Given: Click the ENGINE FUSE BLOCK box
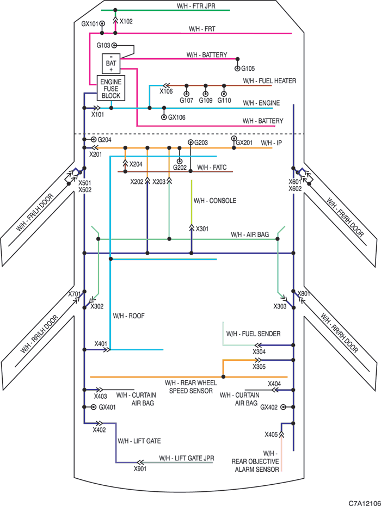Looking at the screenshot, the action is click(x=111, y=89).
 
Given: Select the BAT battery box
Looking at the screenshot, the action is click(x=111, y=63).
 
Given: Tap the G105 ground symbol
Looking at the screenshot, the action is click(x=237, y=69).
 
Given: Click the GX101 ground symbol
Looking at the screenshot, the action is click(x=102, y=23).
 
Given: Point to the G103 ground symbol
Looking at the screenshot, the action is click(x=114, y=46).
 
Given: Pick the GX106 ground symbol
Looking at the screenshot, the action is click(x=164, y=117).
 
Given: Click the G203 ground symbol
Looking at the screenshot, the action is click(x=190, y=143).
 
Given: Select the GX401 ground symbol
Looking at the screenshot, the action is click(x=93, y=407).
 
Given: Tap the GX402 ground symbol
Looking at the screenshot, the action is click(x=283, y=407).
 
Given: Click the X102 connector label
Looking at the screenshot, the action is click(x=126, y=21).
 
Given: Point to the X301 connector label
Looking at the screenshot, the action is click(x=202, y=229).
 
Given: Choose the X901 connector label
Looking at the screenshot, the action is click(x=140, y=468).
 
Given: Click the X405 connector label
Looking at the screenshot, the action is click(x=271, y=434).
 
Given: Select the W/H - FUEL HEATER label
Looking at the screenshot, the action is click(x=269, y=81).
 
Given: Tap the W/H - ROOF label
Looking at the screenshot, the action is click(x=129, y=316).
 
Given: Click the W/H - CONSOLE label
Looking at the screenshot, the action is click(x=214, y=201).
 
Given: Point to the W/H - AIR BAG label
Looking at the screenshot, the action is click(x=250, y=235).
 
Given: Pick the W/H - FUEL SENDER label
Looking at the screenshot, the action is click(x=254, y=334).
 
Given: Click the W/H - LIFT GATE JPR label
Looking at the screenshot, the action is click(x=187, y=458).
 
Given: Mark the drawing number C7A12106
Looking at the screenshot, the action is click(x=365, y=503).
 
